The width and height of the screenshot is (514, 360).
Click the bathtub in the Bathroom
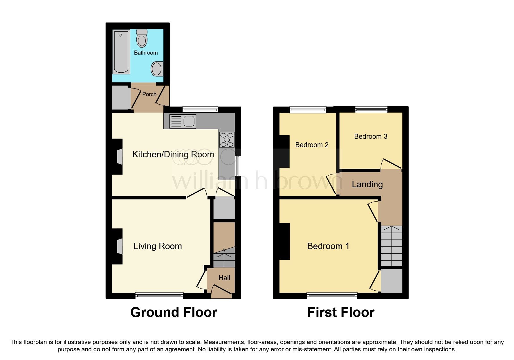121,51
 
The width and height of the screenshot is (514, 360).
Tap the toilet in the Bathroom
142,38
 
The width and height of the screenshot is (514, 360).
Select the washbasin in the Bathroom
157,69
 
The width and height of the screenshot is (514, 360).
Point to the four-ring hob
227,140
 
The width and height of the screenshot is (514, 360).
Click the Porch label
149,94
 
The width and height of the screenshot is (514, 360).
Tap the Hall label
224,278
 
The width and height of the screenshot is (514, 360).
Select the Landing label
367,184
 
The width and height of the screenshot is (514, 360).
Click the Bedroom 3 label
371,136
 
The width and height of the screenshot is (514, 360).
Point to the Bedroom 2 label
312,145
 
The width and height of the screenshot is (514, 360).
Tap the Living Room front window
159,296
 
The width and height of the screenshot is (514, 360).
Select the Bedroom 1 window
332,296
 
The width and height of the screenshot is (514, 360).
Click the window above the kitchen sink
200,109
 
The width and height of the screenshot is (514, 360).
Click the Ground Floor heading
174,312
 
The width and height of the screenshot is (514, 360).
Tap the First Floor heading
341,312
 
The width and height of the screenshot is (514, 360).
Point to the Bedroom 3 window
371,109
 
